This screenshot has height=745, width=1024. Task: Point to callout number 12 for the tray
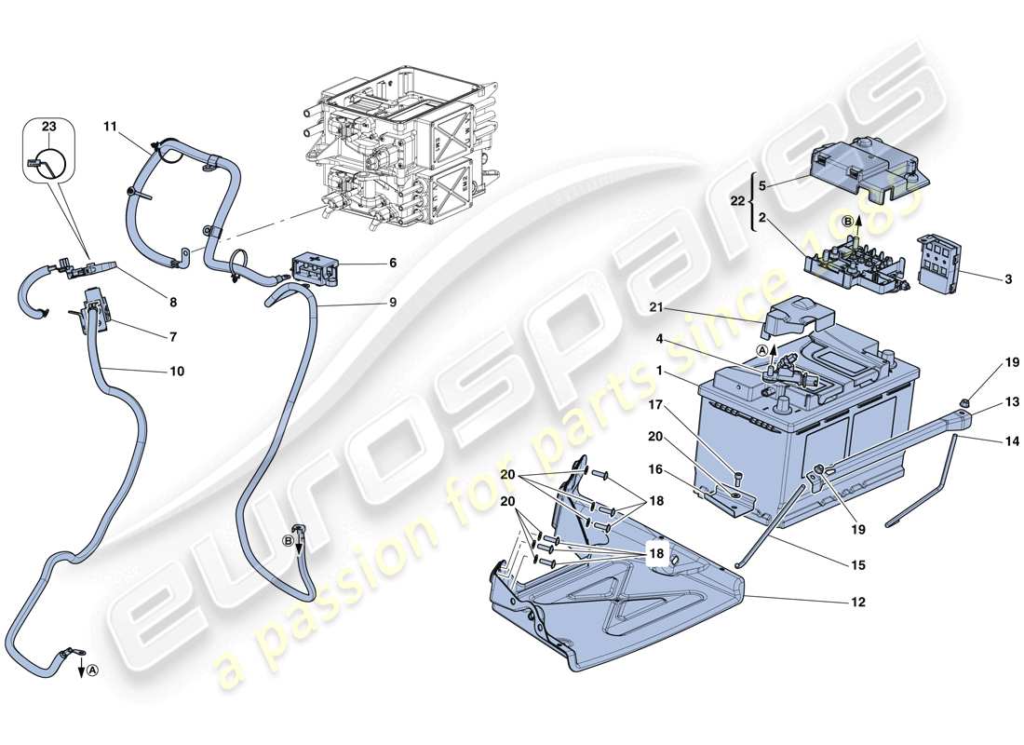(x=856, y=603)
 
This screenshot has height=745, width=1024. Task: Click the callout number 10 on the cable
(x=177, y=372)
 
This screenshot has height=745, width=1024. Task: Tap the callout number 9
(x=392, y=302)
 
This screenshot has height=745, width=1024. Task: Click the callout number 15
(x=857, y=563)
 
